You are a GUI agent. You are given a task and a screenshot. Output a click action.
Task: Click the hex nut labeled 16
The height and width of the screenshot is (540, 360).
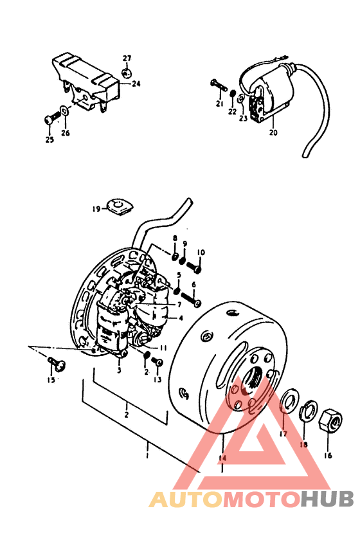tap(331, 419)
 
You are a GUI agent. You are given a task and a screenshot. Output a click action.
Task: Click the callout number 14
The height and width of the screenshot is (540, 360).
tap(222, 458)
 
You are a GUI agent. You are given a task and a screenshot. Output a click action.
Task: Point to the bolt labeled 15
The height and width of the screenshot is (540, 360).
tap(57, 363)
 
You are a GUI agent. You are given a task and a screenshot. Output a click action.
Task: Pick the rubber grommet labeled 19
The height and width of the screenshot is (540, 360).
tap(119, 207)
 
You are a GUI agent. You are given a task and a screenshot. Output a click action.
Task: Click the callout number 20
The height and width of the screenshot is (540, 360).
tap(273, 132)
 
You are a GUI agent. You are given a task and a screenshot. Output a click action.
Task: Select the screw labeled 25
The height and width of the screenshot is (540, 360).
tap(52, 118)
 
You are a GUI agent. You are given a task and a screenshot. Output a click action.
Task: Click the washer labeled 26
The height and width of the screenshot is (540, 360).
tap(64, 111)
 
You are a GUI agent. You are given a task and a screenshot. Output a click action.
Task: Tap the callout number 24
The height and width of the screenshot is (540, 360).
tap(136, 84)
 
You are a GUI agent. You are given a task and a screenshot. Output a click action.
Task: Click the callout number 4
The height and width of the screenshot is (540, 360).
tap(181, 318)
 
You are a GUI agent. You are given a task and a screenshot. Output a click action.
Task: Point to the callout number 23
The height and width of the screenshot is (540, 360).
tap(244, 118)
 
